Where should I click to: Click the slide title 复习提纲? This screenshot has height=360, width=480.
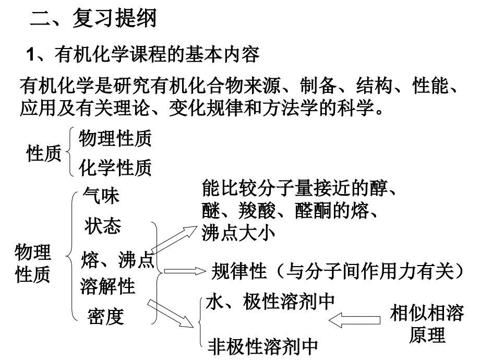click(x=114, y=18)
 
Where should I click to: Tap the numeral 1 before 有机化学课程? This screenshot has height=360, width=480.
click(x=30, y=55)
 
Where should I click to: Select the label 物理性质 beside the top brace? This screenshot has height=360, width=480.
click(x=115, y=138)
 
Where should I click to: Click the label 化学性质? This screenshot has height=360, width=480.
click(x=115, y=167)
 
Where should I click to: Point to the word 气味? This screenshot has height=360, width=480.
click(x=101, y=196)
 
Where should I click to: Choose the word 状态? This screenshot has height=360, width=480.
click(x=103, y=226)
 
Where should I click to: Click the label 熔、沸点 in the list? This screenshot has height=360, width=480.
click(x=117, y=260)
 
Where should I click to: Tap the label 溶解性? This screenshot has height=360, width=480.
click(x=107, y=286)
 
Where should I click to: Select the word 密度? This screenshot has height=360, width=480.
click(x=105, y=316)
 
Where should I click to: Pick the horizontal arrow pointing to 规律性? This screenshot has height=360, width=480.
click(x=185, y=271)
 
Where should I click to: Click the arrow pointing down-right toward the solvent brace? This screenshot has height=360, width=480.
click(x=171, y=314)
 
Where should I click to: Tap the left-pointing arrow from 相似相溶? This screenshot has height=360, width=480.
click(x=354, y=320)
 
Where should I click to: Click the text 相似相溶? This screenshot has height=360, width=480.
click(x=427, y=313)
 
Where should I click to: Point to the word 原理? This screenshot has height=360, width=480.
click(x=427, y=335)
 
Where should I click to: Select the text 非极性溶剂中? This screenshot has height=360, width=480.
click(x=262, y=346)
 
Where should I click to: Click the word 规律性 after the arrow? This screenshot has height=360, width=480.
click(x=239, y=271)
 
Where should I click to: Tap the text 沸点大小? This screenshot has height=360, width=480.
click(x=238, y=233)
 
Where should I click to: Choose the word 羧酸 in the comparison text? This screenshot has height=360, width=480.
click(x=257, y=211)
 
